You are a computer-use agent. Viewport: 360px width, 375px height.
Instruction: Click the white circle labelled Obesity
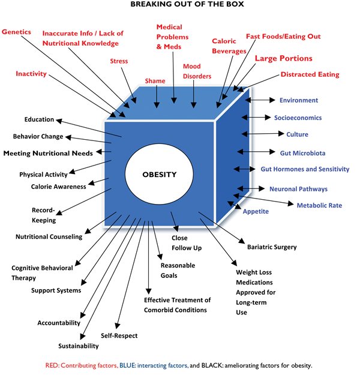159,175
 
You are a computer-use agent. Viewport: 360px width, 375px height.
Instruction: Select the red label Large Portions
284,58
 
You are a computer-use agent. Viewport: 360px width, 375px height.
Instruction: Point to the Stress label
119,61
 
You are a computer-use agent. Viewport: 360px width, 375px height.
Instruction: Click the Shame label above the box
155,80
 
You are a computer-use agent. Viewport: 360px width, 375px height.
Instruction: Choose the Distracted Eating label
310,74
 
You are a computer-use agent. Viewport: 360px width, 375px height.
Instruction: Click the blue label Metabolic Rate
319,205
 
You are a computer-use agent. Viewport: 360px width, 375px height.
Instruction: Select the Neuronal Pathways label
298,189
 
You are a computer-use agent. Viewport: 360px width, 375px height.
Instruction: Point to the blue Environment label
298,100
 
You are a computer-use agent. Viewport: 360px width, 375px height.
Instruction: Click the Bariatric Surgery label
272,247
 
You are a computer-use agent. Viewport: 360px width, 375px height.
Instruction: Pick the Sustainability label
79,346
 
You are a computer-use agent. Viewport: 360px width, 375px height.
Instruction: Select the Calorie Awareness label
59,186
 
